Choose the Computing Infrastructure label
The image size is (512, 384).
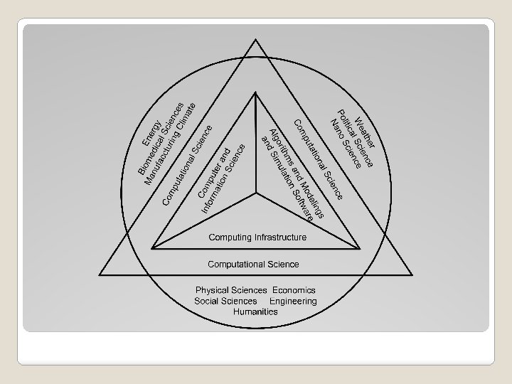[x=257, y=237]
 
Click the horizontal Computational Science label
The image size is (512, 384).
[x=253, y=264]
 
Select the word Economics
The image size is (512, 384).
[x=294, y=290]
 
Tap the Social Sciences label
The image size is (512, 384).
[x=225, y=301]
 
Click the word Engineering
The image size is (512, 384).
[x=293, y=301]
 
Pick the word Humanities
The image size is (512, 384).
[x=255, y=311]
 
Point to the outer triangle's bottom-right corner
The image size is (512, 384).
[x=412, y=274]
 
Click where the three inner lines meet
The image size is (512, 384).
[x=256, y=193]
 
